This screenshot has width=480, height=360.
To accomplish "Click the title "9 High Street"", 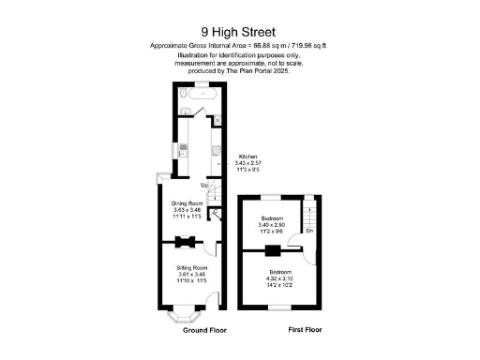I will point(239,31).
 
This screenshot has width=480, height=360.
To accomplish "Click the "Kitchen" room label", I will point(247,157).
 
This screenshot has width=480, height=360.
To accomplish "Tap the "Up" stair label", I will point(203,185).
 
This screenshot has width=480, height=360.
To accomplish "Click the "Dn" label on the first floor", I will point(309,231).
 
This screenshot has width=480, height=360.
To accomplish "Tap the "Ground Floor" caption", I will point(202,331).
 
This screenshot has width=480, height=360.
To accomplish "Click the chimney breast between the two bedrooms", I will point(272,250).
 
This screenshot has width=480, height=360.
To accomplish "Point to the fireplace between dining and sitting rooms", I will point(187,243).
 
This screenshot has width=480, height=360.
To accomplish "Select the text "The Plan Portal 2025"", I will point(256,71).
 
